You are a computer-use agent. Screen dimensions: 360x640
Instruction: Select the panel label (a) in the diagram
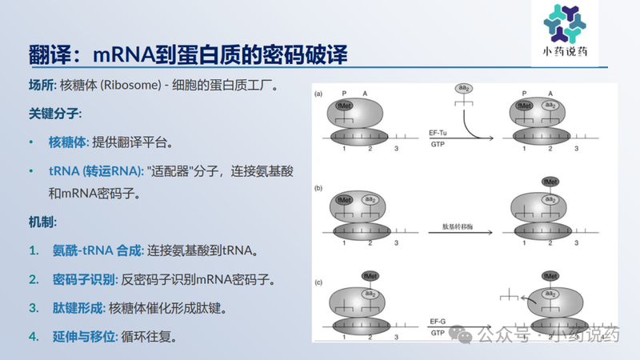[318, 94]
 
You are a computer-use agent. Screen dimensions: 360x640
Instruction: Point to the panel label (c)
[318, 281]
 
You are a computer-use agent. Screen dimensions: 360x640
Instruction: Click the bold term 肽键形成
[78, 307]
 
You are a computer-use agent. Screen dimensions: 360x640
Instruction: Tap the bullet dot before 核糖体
[31, 143]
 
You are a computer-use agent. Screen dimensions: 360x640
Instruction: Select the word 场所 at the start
[41, 85]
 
